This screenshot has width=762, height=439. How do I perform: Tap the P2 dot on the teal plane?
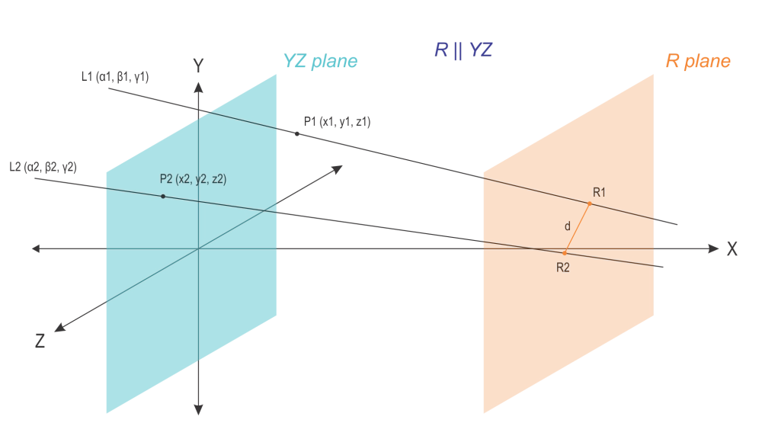[x=162, y=197]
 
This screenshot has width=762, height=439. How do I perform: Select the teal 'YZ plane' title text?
[x=320, y=62]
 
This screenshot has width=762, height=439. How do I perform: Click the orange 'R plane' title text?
[x=698, y=62]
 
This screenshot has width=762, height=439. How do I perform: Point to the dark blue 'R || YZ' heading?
[x=463, y=50]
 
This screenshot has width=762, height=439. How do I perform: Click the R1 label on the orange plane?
[x=599, y=192]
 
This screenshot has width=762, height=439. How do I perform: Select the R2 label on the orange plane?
[x=564, y=268]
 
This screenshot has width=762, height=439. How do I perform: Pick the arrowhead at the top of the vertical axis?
[x=198, y=60]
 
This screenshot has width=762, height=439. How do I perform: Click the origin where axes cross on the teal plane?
[x=198, y=248]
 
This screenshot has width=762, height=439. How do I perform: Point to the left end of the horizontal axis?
[x=34, y=248]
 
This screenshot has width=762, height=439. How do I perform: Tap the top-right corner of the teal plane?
[x=278, y=73]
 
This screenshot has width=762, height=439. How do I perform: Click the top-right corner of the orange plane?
[x=655, y=74]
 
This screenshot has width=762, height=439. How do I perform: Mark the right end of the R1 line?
[x=660, y=219]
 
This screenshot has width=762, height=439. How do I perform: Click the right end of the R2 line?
[x=660, y=265]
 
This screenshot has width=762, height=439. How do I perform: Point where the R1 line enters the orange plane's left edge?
[x=482, y=178]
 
